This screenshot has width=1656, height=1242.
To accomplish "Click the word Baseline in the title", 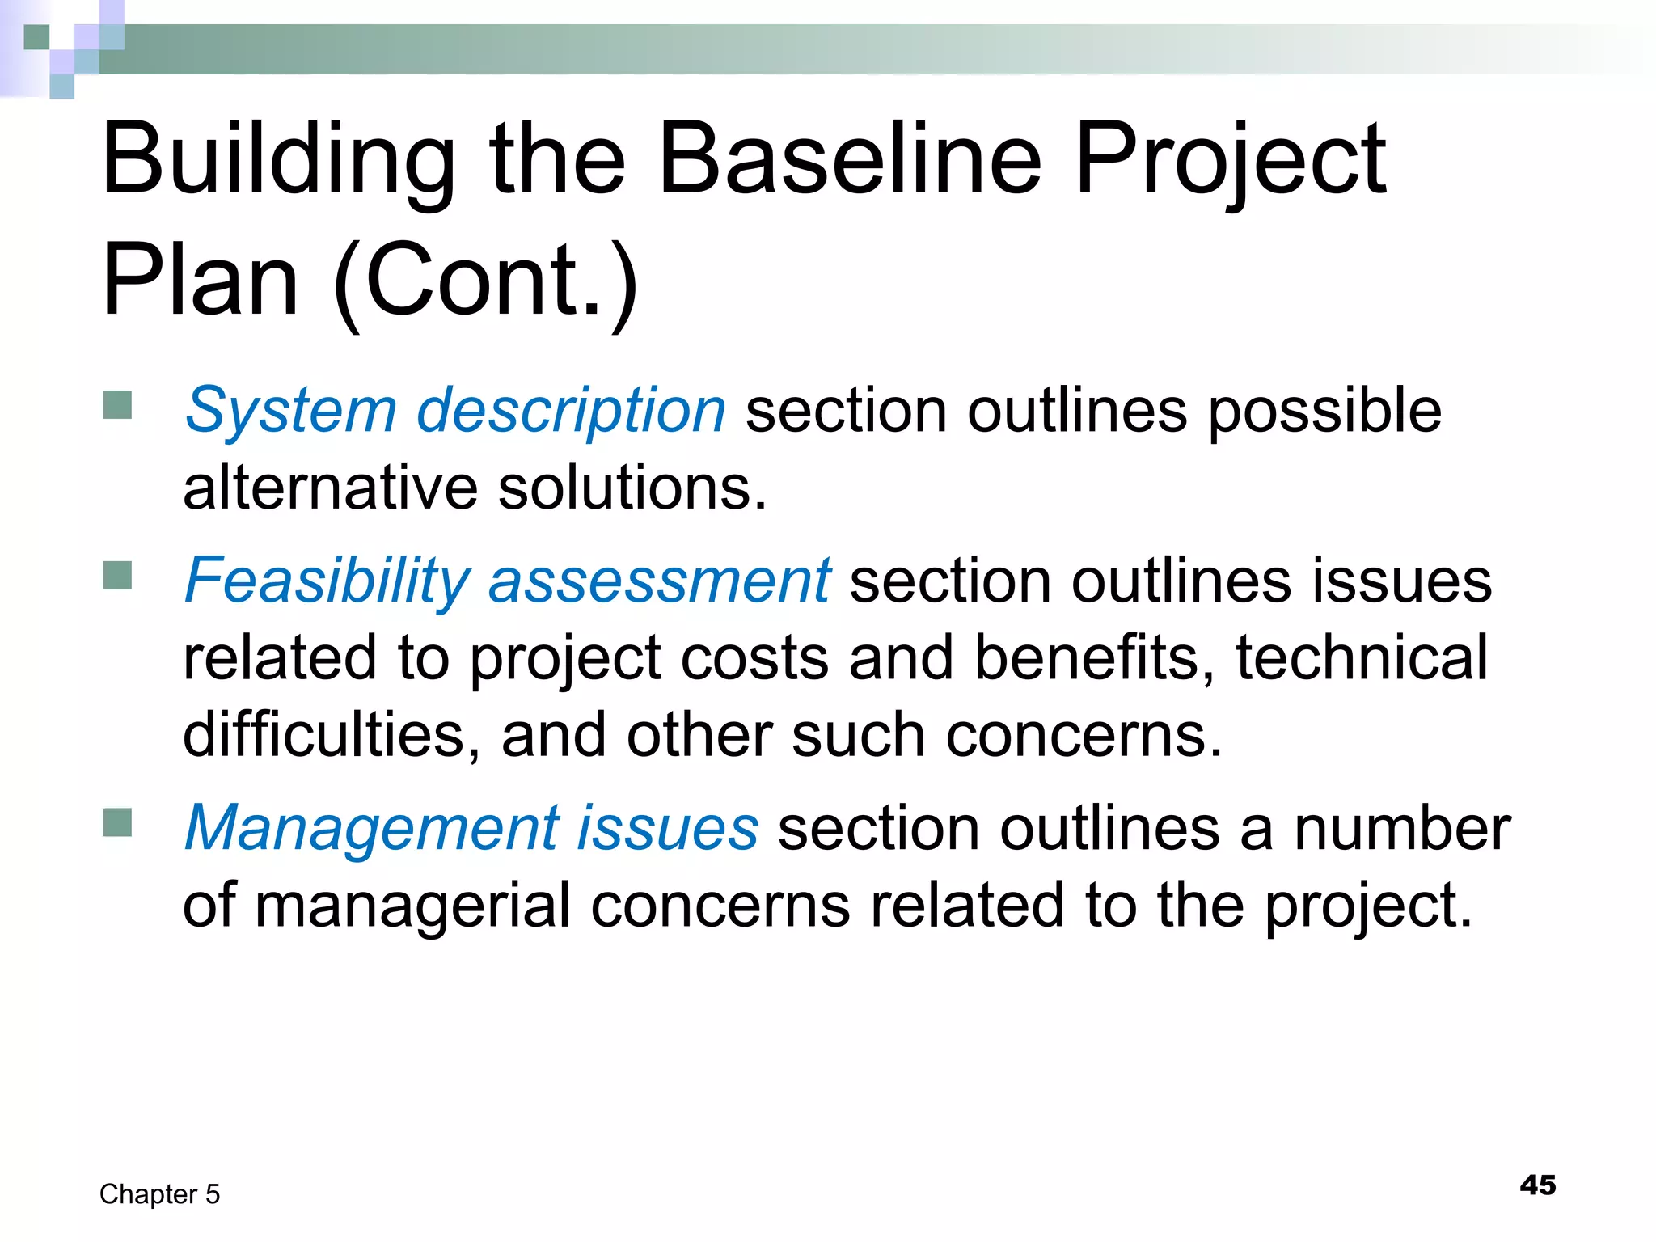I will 850,158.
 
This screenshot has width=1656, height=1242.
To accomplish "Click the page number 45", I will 1537,1185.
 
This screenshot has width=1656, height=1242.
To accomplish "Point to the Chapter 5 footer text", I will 159,1194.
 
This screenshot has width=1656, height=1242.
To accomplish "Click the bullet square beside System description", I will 118,405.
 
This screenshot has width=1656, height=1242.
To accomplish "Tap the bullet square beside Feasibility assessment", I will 118,576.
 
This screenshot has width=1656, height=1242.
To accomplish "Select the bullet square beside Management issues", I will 118,822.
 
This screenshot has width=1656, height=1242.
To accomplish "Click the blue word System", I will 290,411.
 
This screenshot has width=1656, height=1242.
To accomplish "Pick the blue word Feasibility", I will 327,581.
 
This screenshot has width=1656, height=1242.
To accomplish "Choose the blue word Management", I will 372,828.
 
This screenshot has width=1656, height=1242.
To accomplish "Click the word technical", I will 1362,657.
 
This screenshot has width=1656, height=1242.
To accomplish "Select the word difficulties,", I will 332,734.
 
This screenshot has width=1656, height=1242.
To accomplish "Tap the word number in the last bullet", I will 1402,828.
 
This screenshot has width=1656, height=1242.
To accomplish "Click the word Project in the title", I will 1230,158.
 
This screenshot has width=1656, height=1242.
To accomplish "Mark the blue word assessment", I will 659,581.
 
